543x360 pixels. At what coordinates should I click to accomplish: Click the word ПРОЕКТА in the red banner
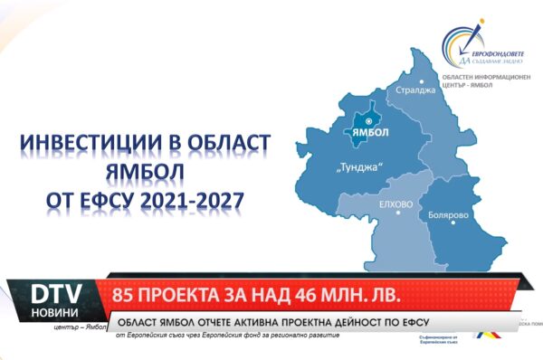(x=189, y=295)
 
